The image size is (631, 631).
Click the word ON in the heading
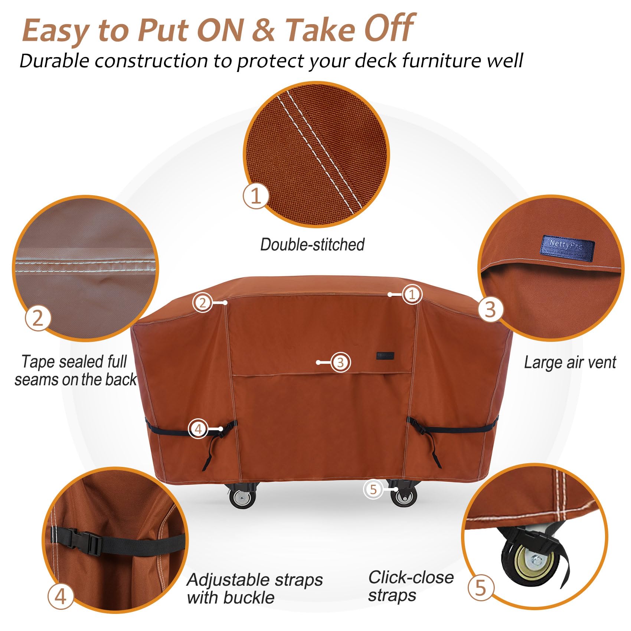[216, 30]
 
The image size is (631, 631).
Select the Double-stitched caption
[312, 245]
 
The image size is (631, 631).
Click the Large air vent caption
[570, 363]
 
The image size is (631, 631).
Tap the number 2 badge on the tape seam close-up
[38, 318]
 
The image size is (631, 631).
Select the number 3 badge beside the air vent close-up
[490, 309]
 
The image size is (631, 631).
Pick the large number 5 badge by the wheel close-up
[481, 588]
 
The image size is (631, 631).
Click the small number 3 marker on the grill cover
[340, 362]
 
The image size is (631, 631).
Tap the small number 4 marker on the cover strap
[198, 429]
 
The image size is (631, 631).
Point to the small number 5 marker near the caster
[373, 489]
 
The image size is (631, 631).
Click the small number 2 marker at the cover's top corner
[202, 303]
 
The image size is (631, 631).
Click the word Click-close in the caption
[411, 577]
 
